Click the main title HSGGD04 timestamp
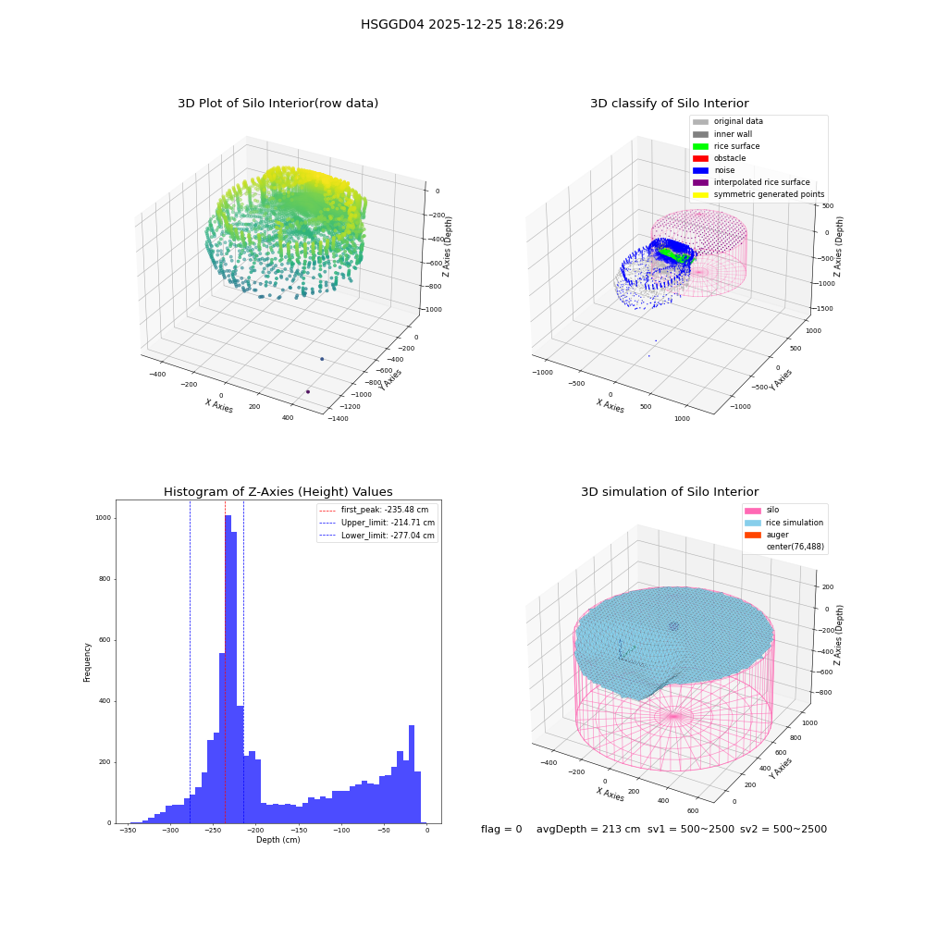coord(462,24)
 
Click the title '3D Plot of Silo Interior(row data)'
coord(277,104)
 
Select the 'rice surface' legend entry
coord(726,146)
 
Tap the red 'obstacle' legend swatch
coord(700,159)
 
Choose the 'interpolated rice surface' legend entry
coord(751,182)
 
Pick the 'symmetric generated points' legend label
coord(770,194)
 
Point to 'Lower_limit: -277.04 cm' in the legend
coord(377,536)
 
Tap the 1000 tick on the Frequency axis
coord(104,518)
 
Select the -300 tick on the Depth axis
coord(170,830)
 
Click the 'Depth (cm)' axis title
coord(278,840)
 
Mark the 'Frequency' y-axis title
coord(87,662)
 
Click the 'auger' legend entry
coord(767,535)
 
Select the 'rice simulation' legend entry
coord(784,523)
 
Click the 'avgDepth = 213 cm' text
coord(588,829)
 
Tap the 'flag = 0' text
coord(501,829)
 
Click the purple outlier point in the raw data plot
coord(308,391)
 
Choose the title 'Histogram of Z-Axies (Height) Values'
coord(277,492)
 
